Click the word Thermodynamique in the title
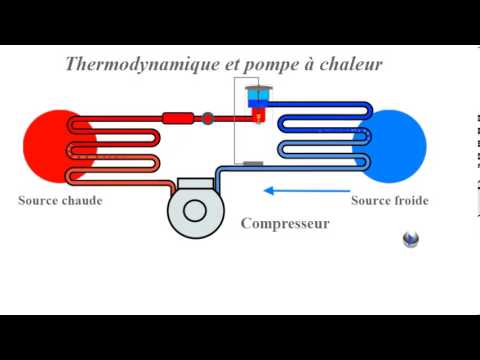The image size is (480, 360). point(131,65)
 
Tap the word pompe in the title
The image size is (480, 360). point(257,66)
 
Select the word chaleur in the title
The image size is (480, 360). point(351,65)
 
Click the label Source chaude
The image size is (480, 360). point(60,201)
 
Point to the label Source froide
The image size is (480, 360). point(390,201)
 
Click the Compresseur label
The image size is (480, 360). point(285,224)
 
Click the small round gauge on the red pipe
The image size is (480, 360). point(208,118)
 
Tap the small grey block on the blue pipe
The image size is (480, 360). point(253,163)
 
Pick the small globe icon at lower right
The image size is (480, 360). point(411,239)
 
